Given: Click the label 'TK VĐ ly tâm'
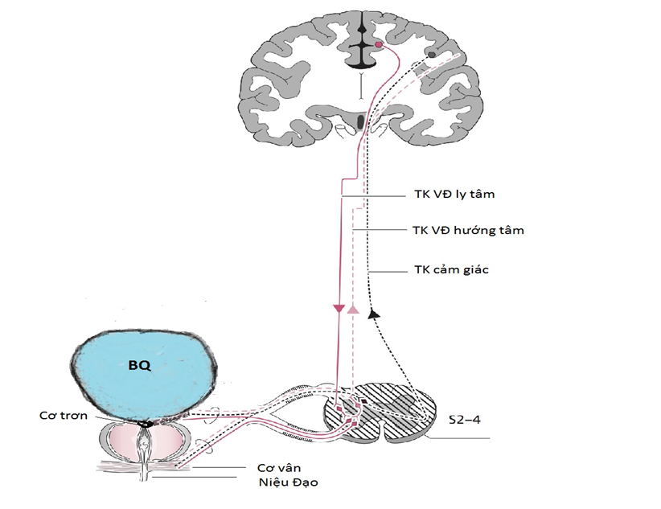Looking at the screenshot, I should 450,195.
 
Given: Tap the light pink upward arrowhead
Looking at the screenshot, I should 352,309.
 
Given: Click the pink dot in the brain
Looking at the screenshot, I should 377,46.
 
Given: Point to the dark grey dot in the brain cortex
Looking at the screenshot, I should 432,55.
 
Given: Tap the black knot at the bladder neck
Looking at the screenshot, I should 146,423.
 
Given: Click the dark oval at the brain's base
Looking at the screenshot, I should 360,123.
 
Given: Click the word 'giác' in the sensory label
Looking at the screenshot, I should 474,270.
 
